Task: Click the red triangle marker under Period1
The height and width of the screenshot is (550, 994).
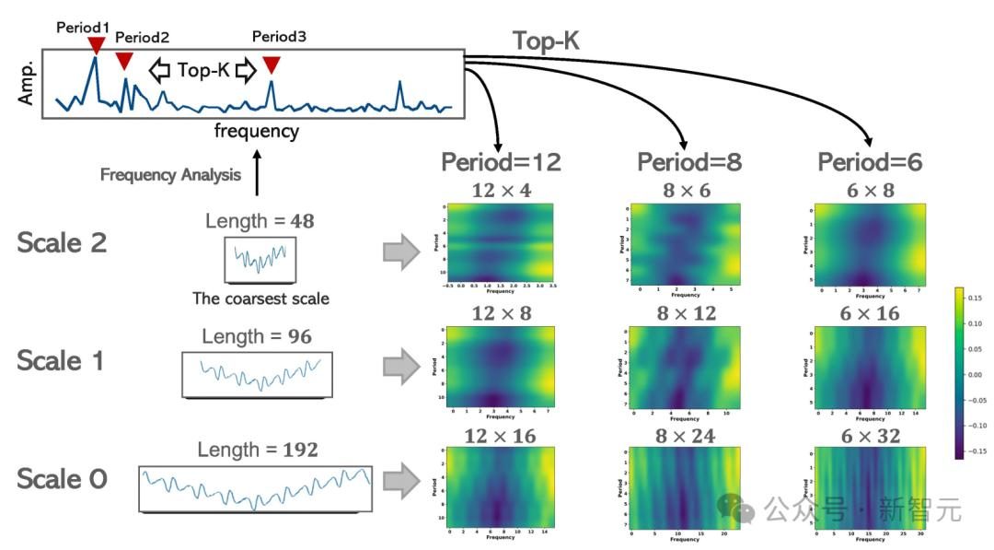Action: point(95,44)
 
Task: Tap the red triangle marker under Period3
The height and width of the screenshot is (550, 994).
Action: point(271,64)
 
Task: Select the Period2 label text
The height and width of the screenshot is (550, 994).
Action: point(142,38)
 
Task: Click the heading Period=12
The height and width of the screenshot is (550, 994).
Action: point(501,163)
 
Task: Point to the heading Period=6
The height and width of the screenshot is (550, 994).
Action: point(871,163)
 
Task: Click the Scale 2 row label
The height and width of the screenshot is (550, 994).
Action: point(62,243)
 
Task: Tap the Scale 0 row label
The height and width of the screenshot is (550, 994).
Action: point(62,479)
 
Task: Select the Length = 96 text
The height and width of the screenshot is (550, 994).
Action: point(258,337)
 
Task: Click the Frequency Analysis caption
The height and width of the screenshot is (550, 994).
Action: point(170,174)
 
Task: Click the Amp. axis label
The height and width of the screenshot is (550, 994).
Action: point(26,84)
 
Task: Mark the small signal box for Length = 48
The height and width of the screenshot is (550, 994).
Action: point(260,259)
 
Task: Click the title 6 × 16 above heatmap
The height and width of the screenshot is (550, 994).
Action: point(870,314)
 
